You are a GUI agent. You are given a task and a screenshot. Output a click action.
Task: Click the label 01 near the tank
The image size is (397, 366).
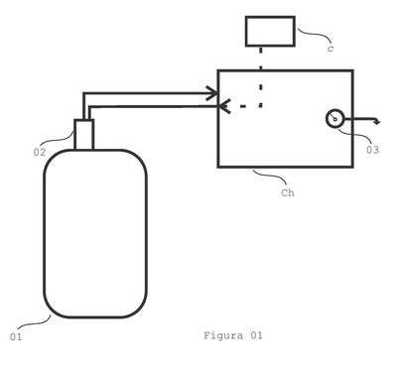[x=16, y=337]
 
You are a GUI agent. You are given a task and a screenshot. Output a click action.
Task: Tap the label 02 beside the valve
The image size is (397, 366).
[x=40, y=153]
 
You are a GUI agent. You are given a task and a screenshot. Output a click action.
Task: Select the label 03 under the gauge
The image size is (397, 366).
[x=372, y=150]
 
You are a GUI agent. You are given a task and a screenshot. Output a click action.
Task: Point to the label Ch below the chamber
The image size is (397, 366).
[x=288, y=192]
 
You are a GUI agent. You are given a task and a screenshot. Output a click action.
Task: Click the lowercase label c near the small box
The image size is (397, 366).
[x=331, y=49]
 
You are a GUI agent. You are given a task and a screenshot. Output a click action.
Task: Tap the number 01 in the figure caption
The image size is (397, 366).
[x=256, y=336]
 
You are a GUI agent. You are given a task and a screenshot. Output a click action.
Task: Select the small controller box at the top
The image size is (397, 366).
[x=270, y=31]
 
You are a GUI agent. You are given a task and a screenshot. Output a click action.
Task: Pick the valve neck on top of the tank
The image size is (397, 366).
[x=84, y=135]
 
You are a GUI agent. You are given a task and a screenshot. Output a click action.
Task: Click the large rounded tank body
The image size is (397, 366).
[x=44, y=233]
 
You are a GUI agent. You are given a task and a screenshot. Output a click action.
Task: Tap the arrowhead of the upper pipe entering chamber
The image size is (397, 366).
[x=212, y=93]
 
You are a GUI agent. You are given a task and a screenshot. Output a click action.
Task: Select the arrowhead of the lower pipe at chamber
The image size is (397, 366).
[x=223, y=106]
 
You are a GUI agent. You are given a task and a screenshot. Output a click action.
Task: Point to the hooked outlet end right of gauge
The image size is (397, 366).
[x=377, y=121]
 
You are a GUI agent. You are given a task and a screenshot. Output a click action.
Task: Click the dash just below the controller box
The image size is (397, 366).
[x=261, y=51]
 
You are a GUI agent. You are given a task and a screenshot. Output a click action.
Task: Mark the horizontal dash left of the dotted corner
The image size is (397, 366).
[x=243, y=106]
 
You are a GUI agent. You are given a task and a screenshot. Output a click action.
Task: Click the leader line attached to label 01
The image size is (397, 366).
[x=34, y=323]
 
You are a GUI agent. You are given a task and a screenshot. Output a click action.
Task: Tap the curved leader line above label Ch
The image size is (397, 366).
[x=270, y=176]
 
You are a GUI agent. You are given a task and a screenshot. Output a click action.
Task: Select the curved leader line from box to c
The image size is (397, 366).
[x=315, y=34]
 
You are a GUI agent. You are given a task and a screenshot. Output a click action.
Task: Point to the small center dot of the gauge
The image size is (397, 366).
[x=334, y=119]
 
